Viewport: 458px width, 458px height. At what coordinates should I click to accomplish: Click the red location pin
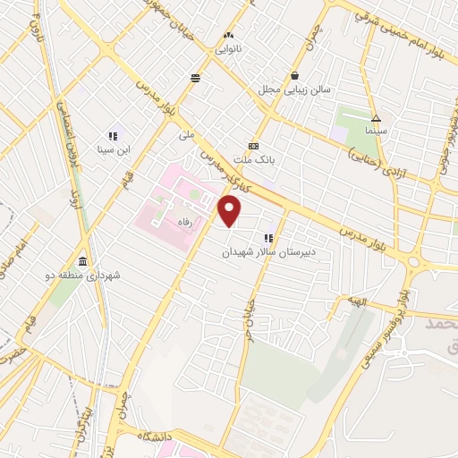[230, 211]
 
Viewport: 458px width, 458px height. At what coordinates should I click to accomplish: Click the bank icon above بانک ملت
[254, 146]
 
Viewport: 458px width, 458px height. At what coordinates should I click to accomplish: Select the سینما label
[376, 131]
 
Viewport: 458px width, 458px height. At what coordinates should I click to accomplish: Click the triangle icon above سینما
[377, 117]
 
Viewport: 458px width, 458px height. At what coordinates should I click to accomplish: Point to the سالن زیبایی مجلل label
[295, 90]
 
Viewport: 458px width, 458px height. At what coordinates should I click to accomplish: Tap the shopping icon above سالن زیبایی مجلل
[295, 77]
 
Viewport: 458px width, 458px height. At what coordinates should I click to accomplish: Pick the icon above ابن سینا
[114, 136]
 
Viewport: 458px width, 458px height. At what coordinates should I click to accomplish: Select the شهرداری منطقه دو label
[82, 276]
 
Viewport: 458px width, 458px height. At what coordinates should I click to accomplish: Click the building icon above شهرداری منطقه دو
[82, 261]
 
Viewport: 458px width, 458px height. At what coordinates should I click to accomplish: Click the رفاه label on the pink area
[185, 226]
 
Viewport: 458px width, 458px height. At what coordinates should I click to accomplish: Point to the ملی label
[186, 135]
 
